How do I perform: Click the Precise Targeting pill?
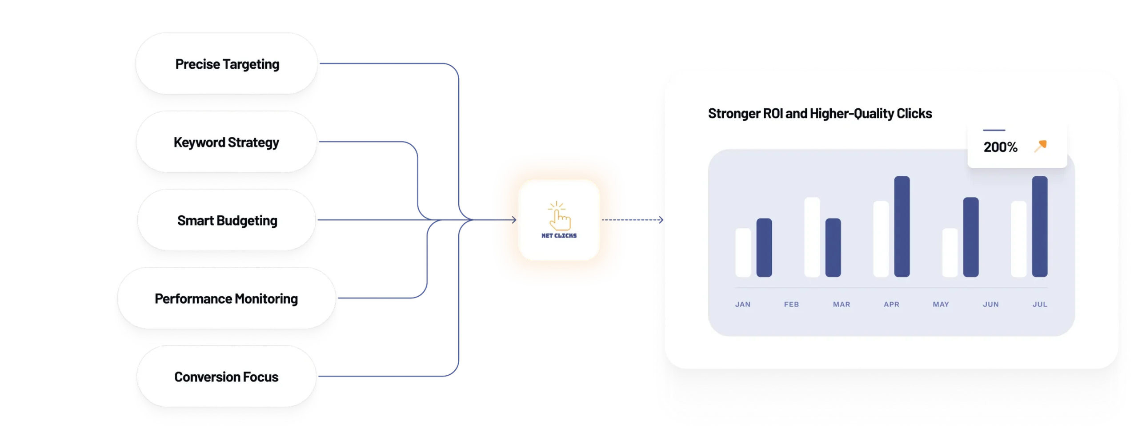(x=227, y=64)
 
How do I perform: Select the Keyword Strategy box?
(x=226, y=143)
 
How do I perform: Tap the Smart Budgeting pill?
(x=227, y=221)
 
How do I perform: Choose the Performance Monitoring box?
(x=226, y=299)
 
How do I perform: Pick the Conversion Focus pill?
(x=226, y=377)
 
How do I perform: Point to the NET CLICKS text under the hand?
(x=559, y=236)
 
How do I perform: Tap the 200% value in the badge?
(x=1000, y=147)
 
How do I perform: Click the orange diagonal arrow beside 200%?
(x=1041, y=146)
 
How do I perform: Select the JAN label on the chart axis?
(x=743, y=305)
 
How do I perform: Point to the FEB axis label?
(x=791, y=305)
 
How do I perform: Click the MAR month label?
(x=841, y=305)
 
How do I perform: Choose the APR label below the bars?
(x=891, y=305)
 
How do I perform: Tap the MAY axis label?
(x=941, y=305)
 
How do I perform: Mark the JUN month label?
(x=991, y=305)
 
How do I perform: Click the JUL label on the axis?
(x=1040, y=305)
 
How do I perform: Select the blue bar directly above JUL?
(x=1040, y=226)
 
